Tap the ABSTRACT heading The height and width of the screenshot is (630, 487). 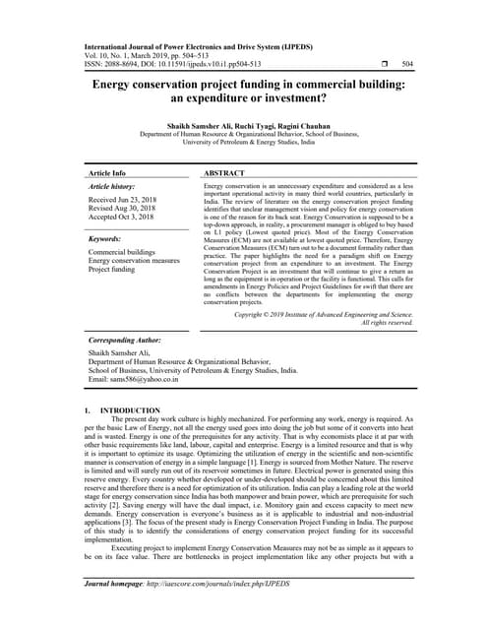[224, 171]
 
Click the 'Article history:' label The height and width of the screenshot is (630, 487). [112, 186]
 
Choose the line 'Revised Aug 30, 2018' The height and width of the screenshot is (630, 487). [126, 208]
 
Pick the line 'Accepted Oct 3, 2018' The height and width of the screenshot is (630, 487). [125, 217]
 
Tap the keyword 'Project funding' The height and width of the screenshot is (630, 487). [112, 269]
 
